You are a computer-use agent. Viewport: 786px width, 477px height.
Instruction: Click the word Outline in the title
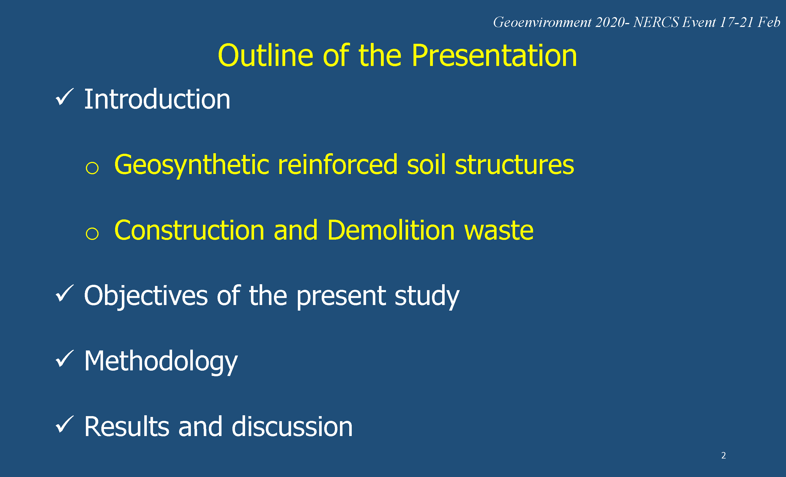coord(265,56)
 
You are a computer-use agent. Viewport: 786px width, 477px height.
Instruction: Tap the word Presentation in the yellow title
coord(494,56)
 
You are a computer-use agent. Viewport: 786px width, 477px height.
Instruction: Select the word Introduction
coord(157,99)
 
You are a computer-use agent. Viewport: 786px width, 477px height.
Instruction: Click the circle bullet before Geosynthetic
coord(92,168)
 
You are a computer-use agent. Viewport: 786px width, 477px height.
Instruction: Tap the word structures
coord(515,165)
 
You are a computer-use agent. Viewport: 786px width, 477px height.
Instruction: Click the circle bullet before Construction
coord(92,233)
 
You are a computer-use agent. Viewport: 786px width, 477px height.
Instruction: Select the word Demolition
coord(391,230)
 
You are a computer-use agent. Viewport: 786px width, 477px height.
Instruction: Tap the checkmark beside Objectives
coord(65,293)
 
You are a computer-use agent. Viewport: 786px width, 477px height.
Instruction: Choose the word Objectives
coord(146,296)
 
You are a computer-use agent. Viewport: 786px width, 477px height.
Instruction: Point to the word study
coord(427,296)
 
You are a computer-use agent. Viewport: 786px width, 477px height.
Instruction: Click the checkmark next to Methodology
coord(65,359)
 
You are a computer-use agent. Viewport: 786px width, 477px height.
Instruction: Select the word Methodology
coord(161,362)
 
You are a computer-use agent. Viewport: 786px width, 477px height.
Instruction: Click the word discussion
coord(292,426)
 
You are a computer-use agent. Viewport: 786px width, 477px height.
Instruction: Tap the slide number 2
coord(723,455)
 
